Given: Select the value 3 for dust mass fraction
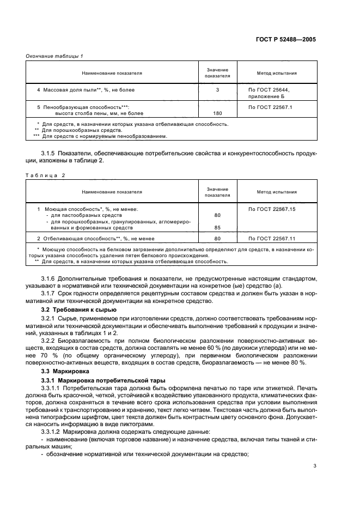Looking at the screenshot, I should tap(217, 89).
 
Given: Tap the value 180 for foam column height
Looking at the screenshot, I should tap(217, 113).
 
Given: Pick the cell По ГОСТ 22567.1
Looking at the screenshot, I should tap(271, 107).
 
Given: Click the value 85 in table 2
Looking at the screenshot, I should tap(217, 228).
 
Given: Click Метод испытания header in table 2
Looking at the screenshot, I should tap(277, 192).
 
